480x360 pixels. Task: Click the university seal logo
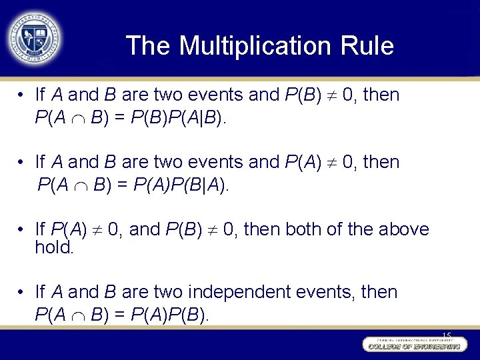(x=33, y=37)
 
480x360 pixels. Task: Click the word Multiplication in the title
(x=253, y=46)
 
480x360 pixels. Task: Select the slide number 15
(x=446, y=335)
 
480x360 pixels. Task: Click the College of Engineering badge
(x=413, y=345)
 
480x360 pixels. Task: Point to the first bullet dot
(x=22, y=95)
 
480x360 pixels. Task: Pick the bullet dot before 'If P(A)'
(x=22, y=229)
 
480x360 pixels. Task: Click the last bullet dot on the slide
(x=22, y=292)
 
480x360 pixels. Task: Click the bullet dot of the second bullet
(x=22, y=163)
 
